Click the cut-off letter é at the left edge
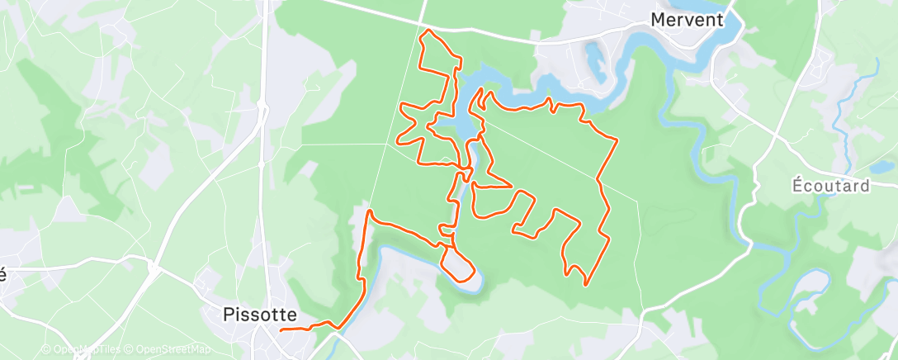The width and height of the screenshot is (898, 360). [x=3, y=275]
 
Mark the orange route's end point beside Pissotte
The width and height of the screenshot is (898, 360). [x=282, y=330]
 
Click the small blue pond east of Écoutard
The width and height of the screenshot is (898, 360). [x=885, y=166]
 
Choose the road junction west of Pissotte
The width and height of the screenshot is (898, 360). [x=154, y=268]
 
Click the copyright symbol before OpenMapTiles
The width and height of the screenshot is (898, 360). [x=45, y=349]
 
